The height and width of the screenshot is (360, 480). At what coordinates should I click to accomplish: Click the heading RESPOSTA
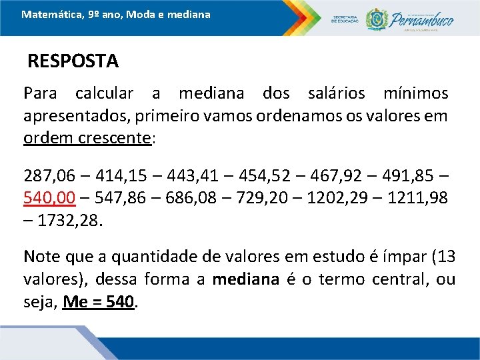pyautogui.click(x=73, y=61)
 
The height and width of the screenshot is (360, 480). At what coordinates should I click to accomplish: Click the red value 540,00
pyautogui.click(x=49, y=197)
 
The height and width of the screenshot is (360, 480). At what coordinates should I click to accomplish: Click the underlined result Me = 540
pyautogui.click(x=99, y=301)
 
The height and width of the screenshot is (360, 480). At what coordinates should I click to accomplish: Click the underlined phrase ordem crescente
pyautogui.click(x=87, y=139)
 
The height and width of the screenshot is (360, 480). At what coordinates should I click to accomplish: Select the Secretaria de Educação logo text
pyautogui.click(x=345, y=20)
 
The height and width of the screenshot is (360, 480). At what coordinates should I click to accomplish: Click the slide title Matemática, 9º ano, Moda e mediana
pyautogui.click(x=115, y=13)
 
